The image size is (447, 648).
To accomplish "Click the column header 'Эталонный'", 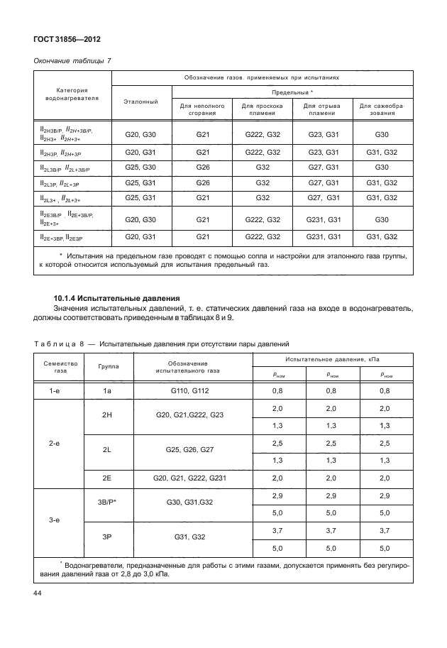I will (140, 102).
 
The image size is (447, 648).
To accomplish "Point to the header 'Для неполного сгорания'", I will (202, 109).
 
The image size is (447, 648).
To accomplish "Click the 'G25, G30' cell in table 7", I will (140, 167).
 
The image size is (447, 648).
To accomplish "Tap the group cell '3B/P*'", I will (107, 503).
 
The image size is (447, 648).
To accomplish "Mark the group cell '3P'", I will (107, 537).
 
